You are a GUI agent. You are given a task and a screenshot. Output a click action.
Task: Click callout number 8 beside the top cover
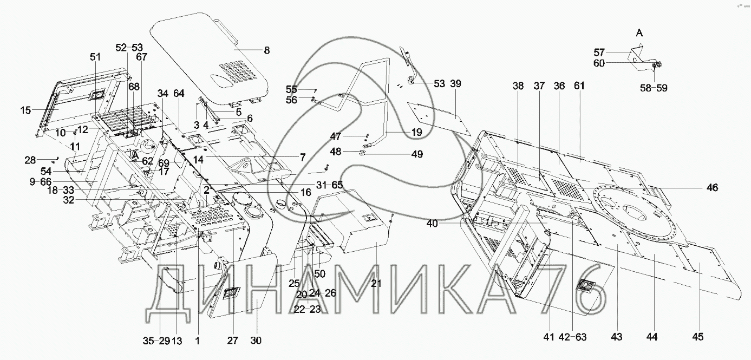tap(266, 50)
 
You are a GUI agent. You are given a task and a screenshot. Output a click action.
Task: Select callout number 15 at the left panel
tap(25, 110)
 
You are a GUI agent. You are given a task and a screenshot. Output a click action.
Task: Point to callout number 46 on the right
tap(712, 187)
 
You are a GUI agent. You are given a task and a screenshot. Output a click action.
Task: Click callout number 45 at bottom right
tap(698, 337)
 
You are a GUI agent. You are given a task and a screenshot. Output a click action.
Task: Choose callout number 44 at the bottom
tap(652, 337)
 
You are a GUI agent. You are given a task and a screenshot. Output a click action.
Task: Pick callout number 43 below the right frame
tap(617, 337)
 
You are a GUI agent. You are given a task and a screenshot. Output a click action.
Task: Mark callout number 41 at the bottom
tap(549, 337)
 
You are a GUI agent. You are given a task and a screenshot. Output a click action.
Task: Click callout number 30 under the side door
tap(256, 341)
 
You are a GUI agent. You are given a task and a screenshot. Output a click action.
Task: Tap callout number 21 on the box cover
tap(376, 283)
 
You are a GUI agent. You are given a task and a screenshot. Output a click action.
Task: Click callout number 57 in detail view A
tap(598, 53)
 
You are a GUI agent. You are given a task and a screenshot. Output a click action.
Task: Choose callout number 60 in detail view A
tap(598, 63)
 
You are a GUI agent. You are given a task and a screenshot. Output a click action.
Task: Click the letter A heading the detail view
tap(639, 34)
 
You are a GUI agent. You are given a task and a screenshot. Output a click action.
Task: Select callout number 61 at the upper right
tap(580, 86)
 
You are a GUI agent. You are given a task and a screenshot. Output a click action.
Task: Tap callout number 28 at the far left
tap(30, 160)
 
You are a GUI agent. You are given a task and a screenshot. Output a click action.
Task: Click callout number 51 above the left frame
tap(95, 57)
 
